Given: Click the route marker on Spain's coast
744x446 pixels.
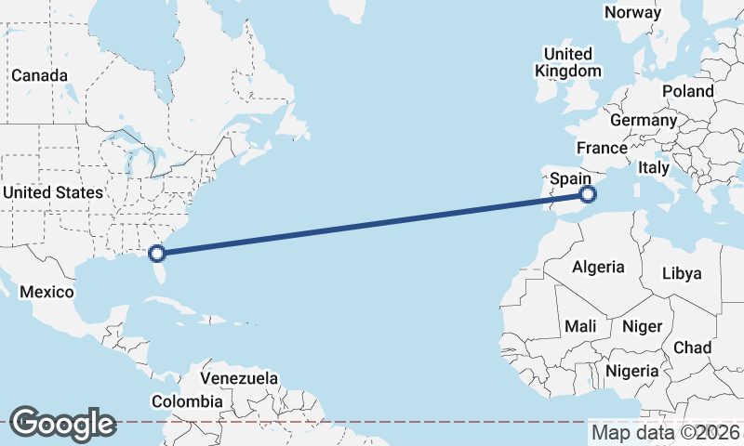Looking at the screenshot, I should (x=587, y=194).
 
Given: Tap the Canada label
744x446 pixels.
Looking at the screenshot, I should (x=38, y=75).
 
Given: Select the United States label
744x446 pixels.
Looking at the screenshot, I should (x=52, y=192).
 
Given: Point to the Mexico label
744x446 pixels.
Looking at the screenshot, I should (x=46, y=292).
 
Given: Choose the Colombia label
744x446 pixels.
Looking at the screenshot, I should (x=188, y=401).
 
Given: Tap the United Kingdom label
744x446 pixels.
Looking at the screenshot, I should (x=567, y=62).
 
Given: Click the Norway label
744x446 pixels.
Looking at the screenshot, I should (x=632, y=13).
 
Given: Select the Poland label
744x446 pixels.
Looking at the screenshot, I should (x=687, y=91).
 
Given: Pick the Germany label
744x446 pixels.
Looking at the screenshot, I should (x=644, y=121).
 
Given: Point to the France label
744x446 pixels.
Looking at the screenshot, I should (x=602, y=149).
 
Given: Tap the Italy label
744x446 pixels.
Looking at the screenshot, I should (x=653, y=168).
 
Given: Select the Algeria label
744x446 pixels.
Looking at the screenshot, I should (x=598, y=267).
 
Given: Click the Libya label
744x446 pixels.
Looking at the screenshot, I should (x=681, y=273).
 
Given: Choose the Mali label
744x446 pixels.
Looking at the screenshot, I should (x=580, y=326).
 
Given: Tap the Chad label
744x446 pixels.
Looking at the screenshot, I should (x=692, y=348).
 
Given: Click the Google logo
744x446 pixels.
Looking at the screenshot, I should (x=62, y=424).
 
